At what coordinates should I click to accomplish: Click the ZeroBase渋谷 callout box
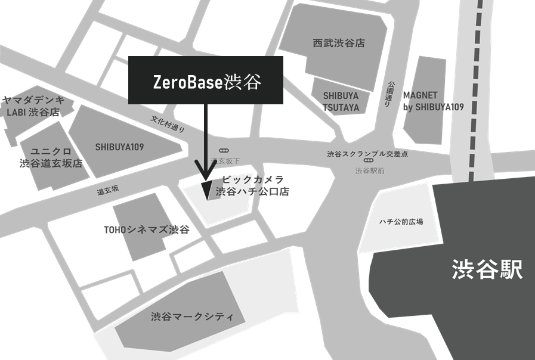pyautogui.click(x=205, y=81)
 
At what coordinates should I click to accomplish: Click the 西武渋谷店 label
pyautogui.click(x=338, y=43)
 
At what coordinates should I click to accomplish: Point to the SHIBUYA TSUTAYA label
pyautogui.click(x=341, y=101)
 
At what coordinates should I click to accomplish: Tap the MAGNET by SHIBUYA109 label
pyautogui.click(x=433, y=101)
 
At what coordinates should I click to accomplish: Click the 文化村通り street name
pyautogui.click(x=168, y=124)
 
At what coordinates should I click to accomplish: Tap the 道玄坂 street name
pyautogui.click(x=108, y=190)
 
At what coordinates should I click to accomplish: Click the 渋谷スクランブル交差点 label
pyautogui.click(x=367, y=154)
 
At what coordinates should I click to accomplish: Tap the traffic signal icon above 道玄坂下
pyautogui.click(x=224, y=151)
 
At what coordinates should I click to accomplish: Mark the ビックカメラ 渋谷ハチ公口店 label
pyautogui.click(x=252, y=186)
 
